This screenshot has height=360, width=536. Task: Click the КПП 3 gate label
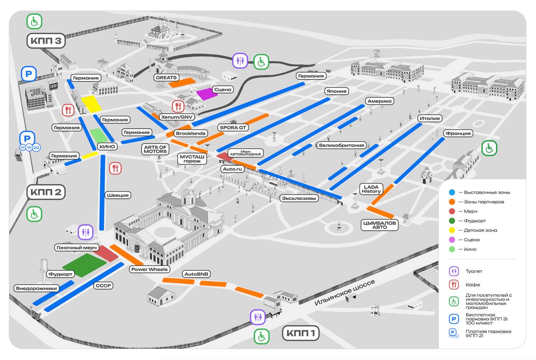(x=46, y=41)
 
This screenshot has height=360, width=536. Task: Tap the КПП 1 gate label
(x=301, y=333)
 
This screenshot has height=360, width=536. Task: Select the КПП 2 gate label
(x=46, y=192)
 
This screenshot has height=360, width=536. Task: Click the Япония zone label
(x=336, y=91)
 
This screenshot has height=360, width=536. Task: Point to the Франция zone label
(x=458, y=133)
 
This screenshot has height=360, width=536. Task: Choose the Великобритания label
(x=341, y=145)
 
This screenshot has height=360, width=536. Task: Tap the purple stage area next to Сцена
(x=207, y=94)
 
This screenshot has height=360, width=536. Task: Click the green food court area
(x=85, y=265)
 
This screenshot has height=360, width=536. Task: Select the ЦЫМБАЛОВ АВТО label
(x=379, y=225)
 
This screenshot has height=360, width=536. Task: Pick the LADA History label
(x=371, y=189)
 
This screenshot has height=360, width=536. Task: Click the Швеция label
(x=118, y=195)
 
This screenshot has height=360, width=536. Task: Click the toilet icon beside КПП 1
(x=258, y=317)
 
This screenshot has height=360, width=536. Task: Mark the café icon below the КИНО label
(x=115, y=168)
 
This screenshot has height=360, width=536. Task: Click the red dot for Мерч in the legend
(x=452, y=211)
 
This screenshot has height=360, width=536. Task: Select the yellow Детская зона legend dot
(x=452, y=230)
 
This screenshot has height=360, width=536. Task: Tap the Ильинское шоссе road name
(x=345, y=293)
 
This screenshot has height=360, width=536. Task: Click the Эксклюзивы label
(x=299, y=198)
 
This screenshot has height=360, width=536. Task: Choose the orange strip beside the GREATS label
(x=182, y=83)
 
